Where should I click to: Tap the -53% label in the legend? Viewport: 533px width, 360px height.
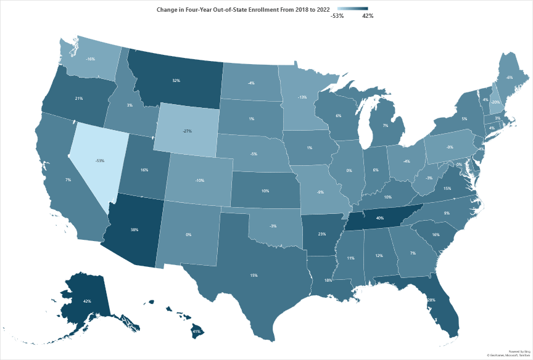click(337, 16)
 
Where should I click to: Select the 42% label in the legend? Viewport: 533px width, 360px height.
click(368, 16)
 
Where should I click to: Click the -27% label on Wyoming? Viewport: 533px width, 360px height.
click(187, 131)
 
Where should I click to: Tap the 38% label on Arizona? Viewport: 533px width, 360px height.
click(134, 230)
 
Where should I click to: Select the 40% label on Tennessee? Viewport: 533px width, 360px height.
click(380, 218)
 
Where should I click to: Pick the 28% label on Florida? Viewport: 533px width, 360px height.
click(430, 300)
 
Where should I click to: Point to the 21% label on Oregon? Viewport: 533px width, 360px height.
click(62, 99)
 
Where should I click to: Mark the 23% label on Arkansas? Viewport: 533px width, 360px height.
click(322, 234)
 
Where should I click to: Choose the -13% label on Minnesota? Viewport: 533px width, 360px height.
click(302, 97)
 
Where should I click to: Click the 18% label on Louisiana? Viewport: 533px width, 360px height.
click(328, 280)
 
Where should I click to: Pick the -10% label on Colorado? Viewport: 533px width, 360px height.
click(200, 181)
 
